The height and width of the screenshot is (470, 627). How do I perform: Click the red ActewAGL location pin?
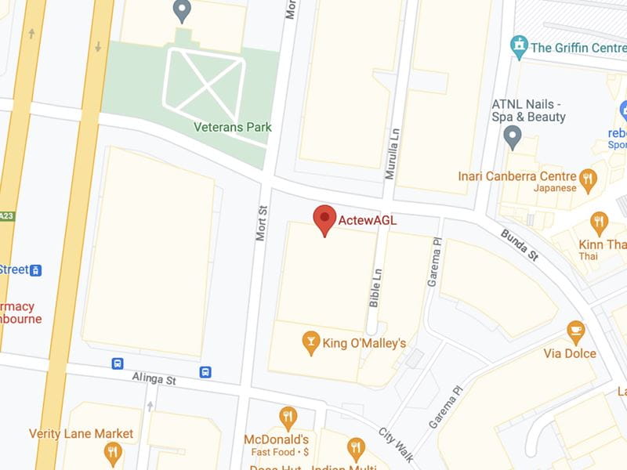pos(324,219)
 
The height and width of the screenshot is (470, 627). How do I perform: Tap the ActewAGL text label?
pos(367,221)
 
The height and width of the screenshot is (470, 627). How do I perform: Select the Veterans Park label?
pos(233,127)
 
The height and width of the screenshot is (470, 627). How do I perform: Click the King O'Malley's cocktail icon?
pos(311,342)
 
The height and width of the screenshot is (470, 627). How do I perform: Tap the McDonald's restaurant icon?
pos(288,418)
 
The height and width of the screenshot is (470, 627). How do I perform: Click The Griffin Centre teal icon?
pos(519,46)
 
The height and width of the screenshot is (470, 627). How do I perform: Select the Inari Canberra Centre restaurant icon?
pos(588,182)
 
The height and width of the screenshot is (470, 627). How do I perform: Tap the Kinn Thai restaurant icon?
pos(600,224)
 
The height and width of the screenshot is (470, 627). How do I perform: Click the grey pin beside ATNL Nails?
pos(513,139)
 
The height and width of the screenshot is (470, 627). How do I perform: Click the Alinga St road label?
pos(154,379)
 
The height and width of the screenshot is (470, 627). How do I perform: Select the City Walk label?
pos(396,445)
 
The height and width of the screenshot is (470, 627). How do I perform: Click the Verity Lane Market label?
pos(82,433)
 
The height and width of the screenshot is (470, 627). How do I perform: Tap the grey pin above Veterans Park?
pos(182,11)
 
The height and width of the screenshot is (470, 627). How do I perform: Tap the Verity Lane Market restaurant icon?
pos(113,453)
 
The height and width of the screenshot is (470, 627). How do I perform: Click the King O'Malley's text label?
pos(365,343)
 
